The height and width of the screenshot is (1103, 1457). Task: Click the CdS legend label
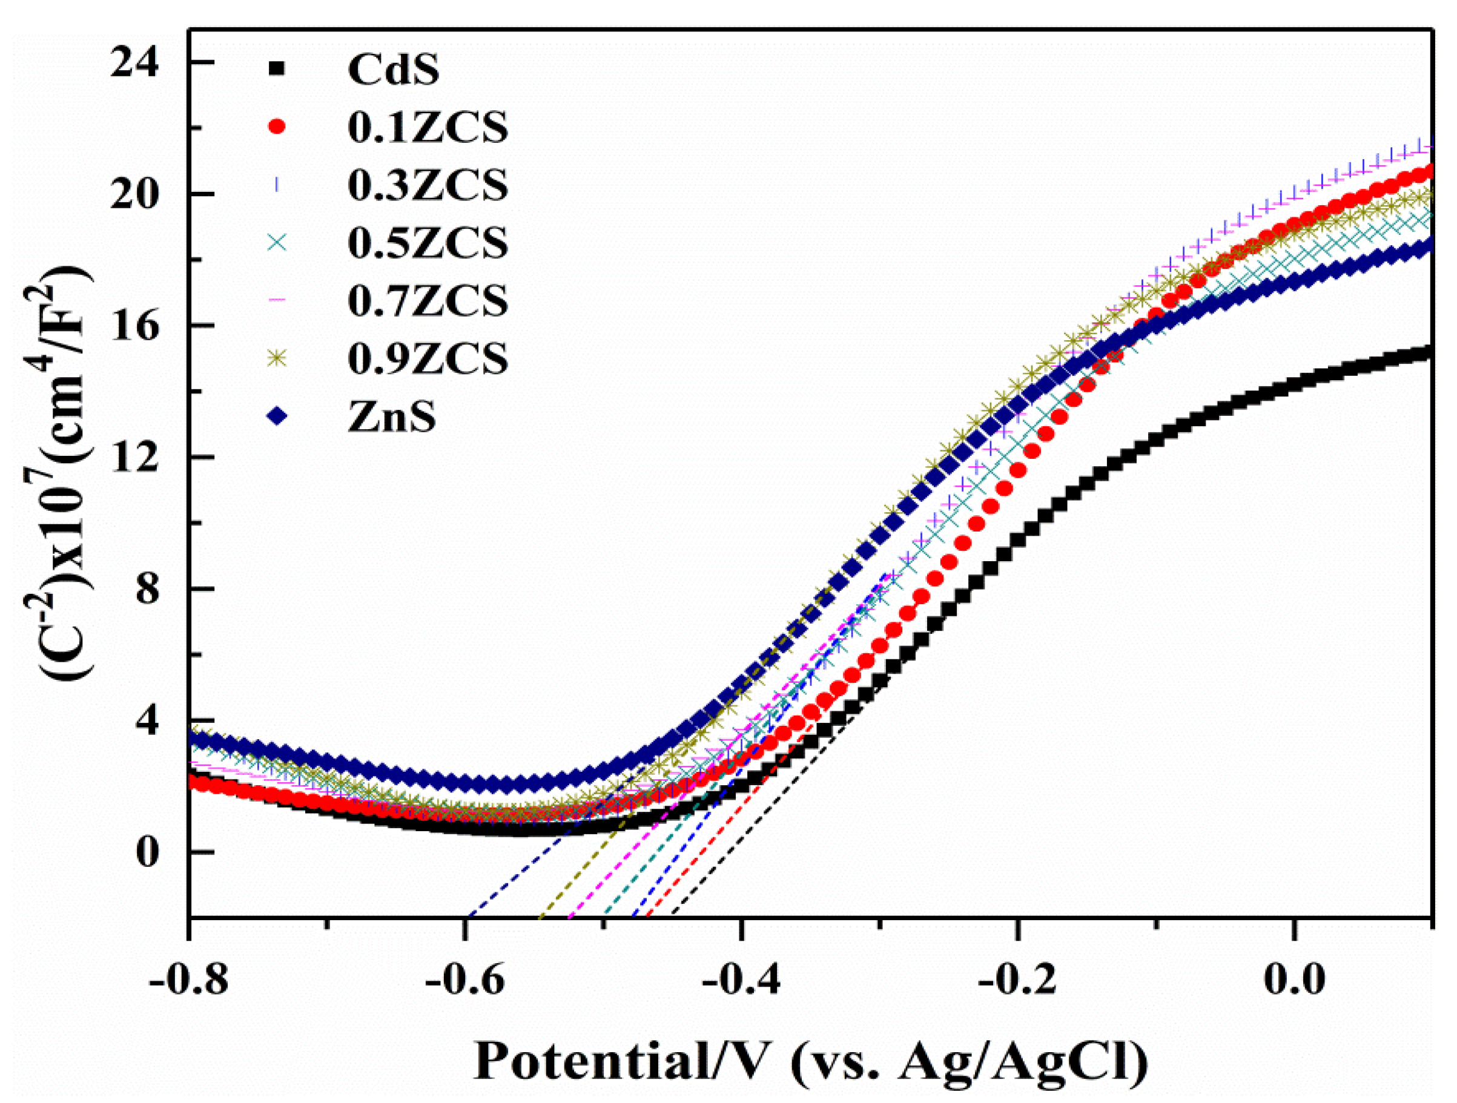coord(393,69)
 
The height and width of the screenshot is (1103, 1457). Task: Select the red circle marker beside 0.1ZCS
coord(277,127)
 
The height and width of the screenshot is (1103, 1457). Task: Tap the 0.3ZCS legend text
coord(428,185)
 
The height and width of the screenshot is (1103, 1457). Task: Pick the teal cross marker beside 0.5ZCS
coord(277,242)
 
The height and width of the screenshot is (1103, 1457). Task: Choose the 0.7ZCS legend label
coord(428,301)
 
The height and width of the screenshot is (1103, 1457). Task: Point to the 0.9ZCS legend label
coord(428,359)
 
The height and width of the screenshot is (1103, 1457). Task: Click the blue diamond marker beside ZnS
coord(277,415)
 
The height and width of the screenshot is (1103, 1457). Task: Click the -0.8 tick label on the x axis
coord(189,980)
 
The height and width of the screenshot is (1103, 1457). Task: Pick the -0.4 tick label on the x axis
coord(742,980)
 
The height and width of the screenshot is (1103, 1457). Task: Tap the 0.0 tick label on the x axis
coord(1294,980)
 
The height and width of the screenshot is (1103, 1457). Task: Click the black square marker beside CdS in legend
coord(277,68)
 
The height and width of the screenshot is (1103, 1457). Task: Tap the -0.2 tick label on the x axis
coord(1019,980)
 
